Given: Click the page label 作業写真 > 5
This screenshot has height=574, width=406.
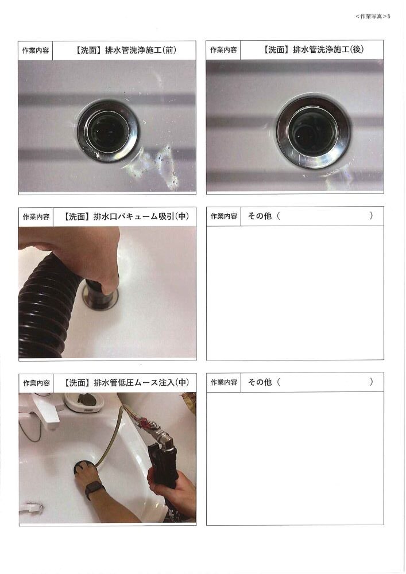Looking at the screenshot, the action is (373, 16).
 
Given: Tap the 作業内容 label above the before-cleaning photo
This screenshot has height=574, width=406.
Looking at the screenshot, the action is (36, 51).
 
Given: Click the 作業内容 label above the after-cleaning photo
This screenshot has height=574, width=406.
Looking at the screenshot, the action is (223, 50).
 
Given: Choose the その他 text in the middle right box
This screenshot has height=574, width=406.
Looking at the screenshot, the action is (260, 216).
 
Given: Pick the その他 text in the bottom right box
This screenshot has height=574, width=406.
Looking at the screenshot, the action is (260, 382).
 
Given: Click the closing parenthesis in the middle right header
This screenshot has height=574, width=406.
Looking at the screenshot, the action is (371, 216).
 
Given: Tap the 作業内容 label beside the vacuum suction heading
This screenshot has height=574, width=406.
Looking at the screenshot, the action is (36, 217).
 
